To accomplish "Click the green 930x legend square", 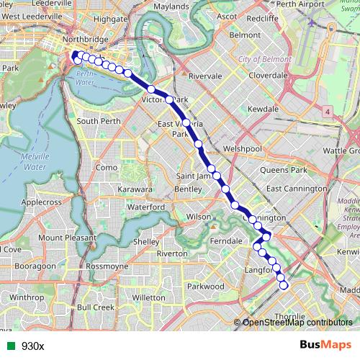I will (9, 346).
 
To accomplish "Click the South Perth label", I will (99, 121).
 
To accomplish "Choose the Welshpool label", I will (242, 148).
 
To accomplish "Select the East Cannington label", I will (296, 189).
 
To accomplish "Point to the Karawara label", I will (135, 189).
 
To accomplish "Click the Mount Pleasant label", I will (66, 238).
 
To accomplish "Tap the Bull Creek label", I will (95, 307).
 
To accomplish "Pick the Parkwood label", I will (206, 286).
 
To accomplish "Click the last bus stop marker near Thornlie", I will (283, 285).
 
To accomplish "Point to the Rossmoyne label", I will (107, 266).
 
